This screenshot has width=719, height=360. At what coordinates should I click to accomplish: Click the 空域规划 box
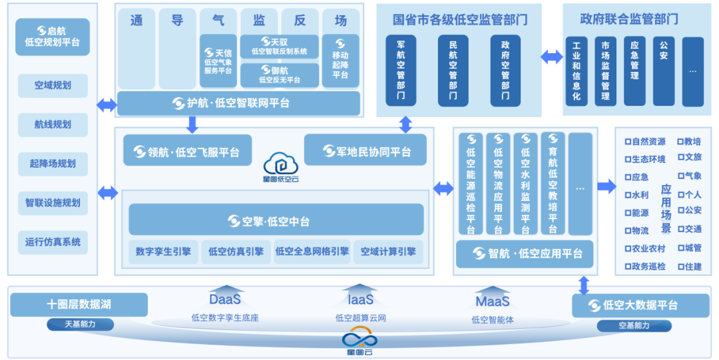click(53, 85)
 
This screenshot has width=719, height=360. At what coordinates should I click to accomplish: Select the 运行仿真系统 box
click(53, 242)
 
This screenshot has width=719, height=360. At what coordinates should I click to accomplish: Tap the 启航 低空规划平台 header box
click(53, 37)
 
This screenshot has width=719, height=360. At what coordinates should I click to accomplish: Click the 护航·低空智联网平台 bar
click(238, 103)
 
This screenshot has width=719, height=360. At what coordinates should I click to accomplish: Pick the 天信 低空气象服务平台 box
click(218, 61)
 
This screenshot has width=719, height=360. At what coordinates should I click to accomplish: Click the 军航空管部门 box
click(401, 71)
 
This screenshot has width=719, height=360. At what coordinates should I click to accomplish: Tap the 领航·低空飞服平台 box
click(187, 152)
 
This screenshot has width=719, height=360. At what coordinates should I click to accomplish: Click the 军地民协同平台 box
click(366, 151)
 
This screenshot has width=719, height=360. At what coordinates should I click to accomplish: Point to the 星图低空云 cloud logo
click(280, 164)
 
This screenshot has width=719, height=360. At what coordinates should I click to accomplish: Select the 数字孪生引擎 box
click(162, 252)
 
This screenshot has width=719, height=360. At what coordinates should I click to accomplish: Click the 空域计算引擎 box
click(388, 252)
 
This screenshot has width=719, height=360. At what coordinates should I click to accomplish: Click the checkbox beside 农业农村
click(627, 249)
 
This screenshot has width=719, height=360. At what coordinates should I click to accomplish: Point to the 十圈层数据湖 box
click(79, 305)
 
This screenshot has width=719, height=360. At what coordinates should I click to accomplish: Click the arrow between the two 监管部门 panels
click(551, 57)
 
